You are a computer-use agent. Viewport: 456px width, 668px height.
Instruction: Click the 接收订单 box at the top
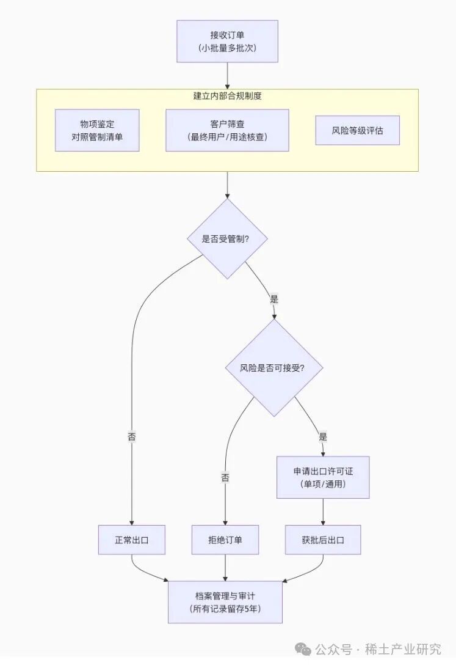[x=227, y=41]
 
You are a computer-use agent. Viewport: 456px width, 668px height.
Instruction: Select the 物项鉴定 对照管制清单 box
[x=97, y=130]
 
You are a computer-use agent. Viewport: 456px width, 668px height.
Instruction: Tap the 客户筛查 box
[x=227, y=130]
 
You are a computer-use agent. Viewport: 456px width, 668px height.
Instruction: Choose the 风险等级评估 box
[x=357, y=130]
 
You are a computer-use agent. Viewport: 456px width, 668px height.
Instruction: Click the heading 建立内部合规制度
[x=227, y=96]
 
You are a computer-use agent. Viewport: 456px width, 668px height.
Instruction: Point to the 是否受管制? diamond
[x=227, y=238]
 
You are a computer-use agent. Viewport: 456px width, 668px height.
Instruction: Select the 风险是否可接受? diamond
[x=273, y=368]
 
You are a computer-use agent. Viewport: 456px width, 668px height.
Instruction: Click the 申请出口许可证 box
[x=322, y=477]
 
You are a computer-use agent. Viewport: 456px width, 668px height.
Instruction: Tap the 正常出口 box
[x=132, y=540]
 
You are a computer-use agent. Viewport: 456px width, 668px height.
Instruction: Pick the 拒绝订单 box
[x=225, y=540]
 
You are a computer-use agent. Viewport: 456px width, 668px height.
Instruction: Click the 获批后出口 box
[x=322, y=540]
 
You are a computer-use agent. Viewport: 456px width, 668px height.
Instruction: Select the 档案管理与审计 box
[x=225, y=602]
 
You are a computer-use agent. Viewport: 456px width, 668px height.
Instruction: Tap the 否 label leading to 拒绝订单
[x=225, y=477]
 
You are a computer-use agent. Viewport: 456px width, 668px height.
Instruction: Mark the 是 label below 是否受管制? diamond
[x=273, y=299]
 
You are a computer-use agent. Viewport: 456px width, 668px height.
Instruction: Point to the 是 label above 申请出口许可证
[x=322, y=437]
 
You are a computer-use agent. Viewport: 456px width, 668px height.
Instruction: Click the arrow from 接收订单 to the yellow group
[x=227, y=76]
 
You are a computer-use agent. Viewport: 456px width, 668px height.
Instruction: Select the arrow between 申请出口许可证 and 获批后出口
[x=322, y=512]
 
